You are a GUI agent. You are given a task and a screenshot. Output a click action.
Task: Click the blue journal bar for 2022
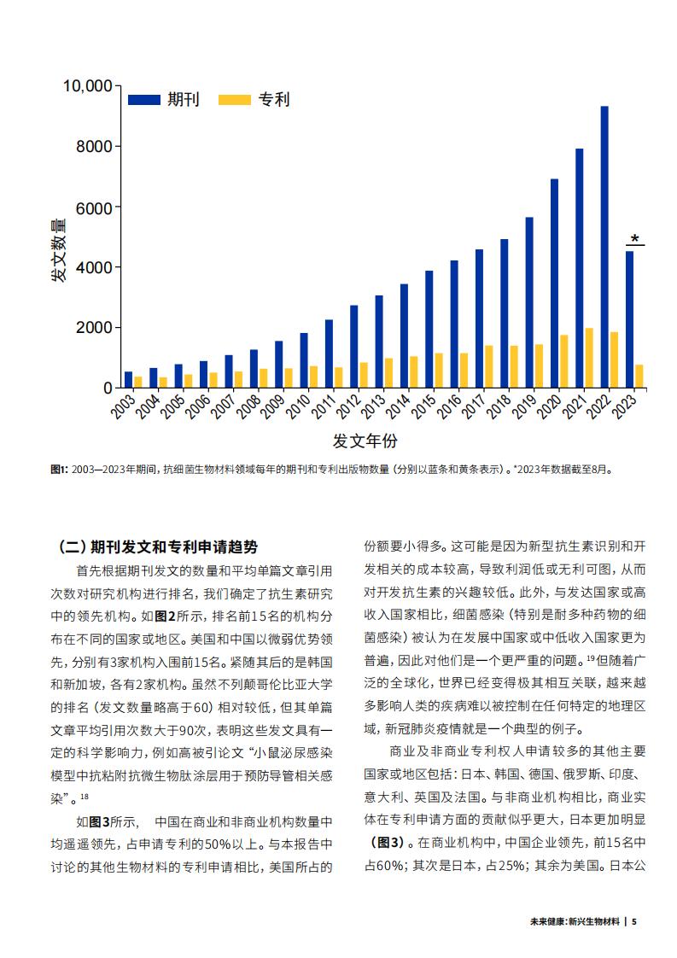[604, 248]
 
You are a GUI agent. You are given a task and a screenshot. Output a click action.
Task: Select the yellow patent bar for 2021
[589, 358]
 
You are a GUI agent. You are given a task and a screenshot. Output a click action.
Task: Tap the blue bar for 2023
[629, 320]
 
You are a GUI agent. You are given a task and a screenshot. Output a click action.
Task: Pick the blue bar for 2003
[128, 380]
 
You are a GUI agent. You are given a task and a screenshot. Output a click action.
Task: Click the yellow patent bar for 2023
[639, 377]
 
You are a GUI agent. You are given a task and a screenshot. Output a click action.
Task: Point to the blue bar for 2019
[529, 303]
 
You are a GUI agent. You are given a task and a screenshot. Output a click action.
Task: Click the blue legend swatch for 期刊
[143, 100]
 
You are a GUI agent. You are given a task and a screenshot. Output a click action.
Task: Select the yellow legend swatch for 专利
[235, 100]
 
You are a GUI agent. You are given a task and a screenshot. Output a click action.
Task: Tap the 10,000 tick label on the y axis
[88, 86]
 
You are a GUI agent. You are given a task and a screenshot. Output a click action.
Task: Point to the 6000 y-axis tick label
[94, 208]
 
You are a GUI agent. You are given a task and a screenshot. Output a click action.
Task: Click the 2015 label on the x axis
[423, 406]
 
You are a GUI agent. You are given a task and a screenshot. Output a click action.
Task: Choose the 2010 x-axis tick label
[298, 406]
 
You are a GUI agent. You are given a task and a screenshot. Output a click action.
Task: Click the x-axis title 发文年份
[365, 441]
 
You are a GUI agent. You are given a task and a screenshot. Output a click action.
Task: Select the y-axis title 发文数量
[58, 250]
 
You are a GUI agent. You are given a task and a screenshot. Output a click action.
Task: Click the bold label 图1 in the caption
[59, 470]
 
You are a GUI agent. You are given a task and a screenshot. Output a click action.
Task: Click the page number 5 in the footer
[634, 921]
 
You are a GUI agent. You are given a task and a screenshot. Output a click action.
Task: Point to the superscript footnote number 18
[85, 796]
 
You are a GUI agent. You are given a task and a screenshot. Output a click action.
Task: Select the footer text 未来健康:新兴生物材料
[575, 921]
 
